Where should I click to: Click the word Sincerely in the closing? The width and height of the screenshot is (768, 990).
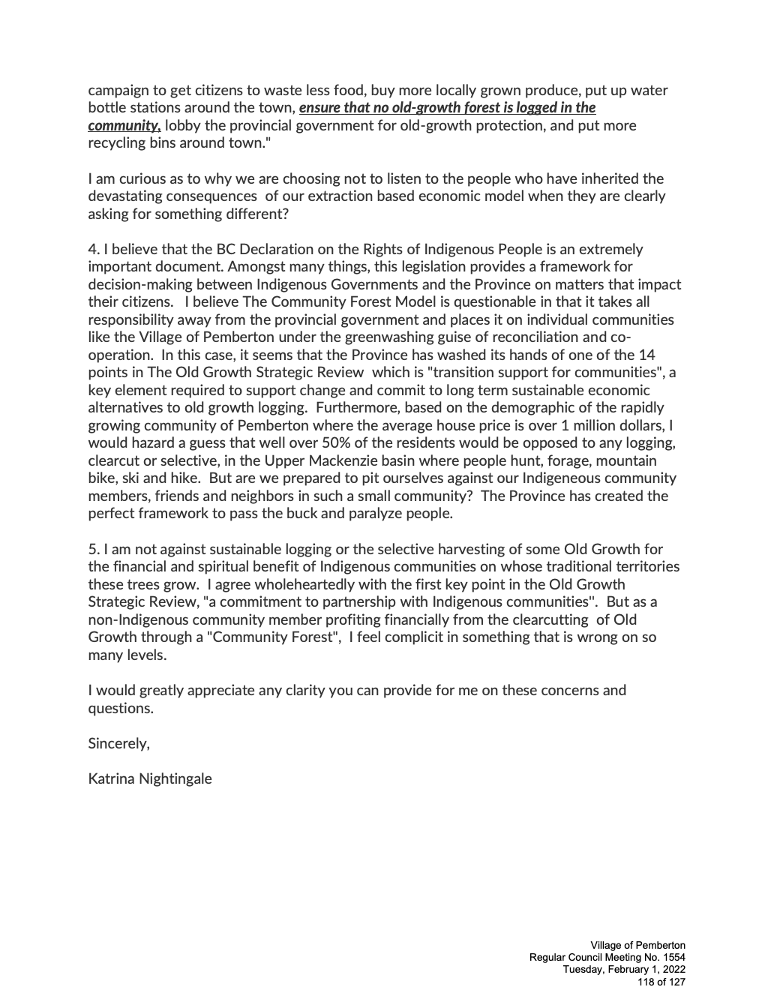click(x=118, y=743)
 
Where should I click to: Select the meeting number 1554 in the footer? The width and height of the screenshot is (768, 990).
click(x=671, y=957)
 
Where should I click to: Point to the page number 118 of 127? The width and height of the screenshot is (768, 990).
click(x=661, y=981)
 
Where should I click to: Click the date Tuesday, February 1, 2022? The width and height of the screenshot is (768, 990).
click(x=624, y=969)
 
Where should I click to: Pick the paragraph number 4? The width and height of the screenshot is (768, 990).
click(x=92, y=249)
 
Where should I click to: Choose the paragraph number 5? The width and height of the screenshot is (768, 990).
click(x=92, y=549)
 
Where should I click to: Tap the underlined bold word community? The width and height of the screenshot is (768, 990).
click(x=124, y=125)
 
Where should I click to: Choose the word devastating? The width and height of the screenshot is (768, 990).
click(x=129, y=196)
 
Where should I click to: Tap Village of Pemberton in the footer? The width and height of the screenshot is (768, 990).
click(x=637, y=945)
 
